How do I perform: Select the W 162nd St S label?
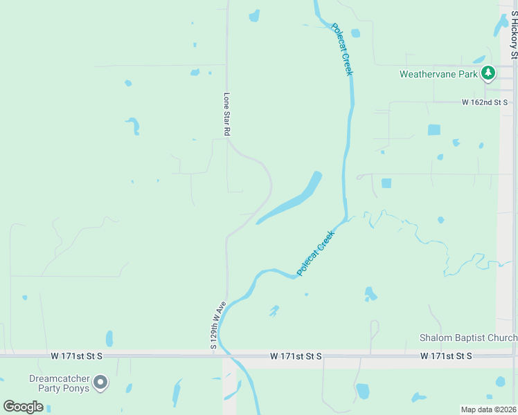pos(485,102)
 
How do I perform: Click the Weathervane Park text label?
pos(439,74)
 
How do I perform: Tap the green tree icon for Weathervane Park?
pos(488,73)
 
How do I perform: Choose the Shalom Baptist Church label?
pos(468,338)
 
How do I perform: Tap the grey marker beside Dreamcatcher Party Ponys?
pos(101,382)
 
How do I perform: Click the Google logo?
pos(24,407)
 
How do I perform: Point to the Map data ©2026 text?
pos(488,409)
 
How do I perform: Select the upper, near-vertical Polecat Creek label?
pos(343,48)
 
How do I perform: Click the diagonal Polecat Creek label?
pos(316,253)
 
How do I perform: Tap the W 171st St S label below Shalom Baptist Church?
pos(446,356)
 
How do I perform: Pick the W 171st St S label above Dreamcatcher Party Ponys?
pos(76,356)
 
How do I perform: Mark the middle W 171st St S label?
pos(296,356)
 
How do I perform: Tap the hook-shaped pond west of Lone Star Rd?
pos(133,126)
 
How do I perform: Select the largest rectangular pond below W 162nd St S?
pos(434,129)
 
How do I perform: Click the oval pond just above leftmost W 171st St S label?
pos(109,338)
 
